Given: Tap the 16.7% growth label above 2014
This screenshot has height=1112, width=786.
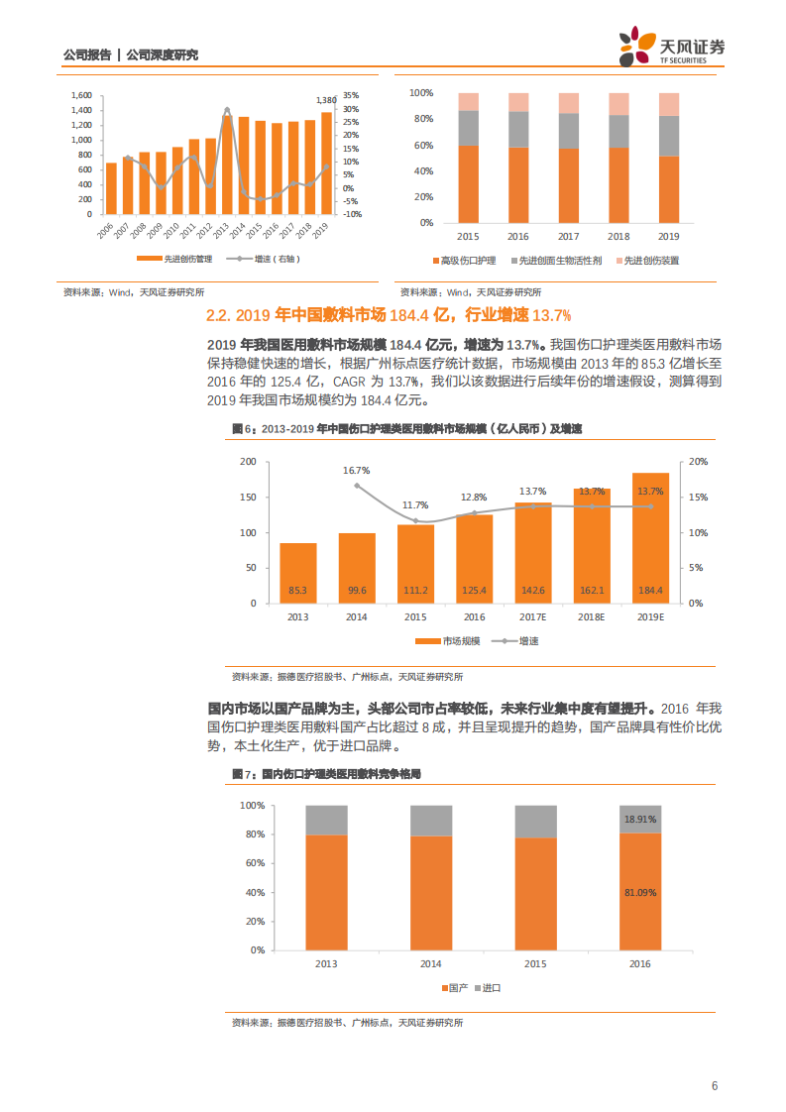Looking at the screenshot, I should [x=357, y=471].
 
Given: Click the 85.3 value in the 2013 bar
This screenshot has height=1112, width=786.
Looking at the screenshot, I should [x=297, y=591].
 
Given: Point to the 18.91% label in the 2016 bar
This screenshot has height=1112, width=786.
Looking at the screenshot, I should [x=640, y=820].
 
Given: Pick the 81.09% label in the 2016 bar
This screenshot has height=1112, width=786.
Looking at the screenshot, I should [x=640, y=892].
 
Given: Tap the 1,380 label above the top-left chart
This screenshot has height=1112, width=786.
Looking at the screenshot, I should [x=326, y=100].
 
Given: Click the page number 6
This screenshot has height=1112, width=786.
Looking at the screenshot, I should [x=714, y=1085].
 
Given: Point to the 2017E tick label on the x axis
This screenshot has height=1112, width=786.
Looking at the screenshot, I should [x=532, y=616].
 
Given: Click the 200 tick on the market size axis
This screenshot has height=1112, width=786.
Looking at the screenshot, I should [x=248, y=463].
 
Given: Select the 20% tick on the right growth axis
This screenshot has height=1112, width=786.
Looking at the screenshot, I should [x=698, y=463].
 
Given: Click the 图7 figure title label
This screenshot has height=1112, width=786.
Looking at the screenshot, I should [x=238, y=773].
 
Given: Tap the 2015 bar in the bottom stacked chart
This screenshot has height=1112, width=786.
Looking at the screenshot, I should [x=536, y=877].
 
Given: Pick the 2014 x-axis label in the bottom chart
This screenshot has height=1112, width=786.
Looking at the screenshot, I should [x=431, y=963].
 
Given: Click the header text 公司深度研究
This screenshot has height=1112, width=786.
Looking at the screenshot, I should [x=163, y=55].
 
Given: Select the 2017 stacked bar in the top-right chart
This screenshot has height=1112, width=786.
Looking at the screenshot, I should [x=568, y=159].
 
